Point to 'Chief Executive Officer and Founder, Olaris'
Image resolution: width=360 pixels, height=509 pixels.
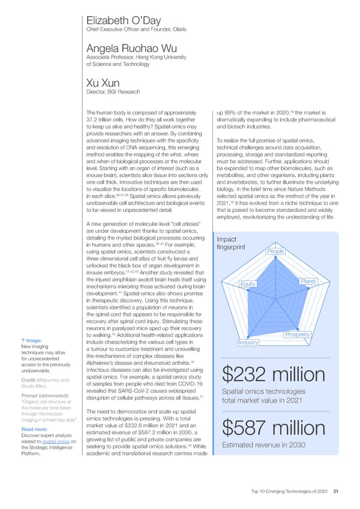[x=133, y=30]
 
